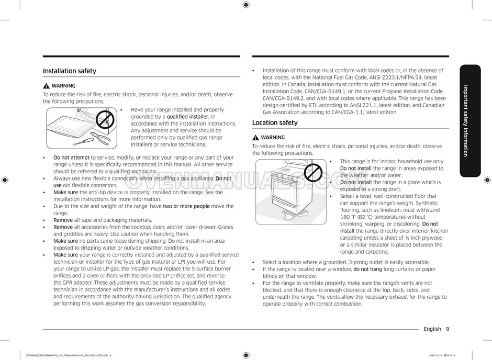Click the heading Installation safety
coord(70,71)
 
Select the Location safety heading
coord(275,123)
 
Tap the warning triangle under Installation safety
coord(47,86)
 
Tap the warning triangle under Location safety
coord(255,138)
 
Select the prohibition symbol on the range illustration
coord(313,171)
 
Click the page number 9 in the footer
coord(448,329)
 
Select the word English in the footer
coord(432,329)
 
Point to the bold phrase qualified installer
coord(187,117)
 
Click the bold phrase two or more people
coord(186,206)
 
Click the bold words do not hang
coord(367,269)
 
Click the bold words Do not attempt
coord(71,157)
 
